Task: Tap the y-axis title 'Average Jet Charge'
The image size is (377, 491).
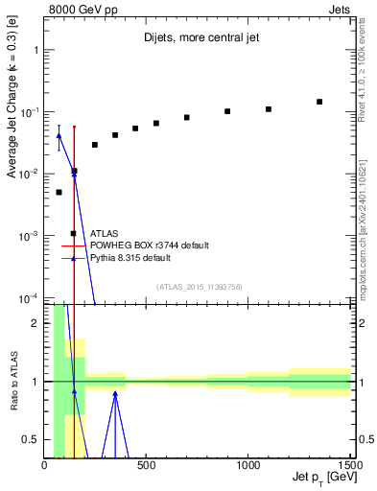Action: [12, 113]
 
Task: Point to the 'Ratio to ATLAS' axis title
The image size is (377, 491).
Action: [12, 381]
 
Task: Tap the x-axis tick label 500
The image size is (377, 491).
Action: [147, 466]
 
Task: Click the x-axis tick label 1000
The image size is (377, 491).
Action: [248, 466]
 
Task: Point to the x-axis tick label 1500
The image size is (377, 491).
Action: [349, 466]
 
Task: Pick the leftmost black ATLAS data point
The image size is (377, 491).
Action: [59, 192]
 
